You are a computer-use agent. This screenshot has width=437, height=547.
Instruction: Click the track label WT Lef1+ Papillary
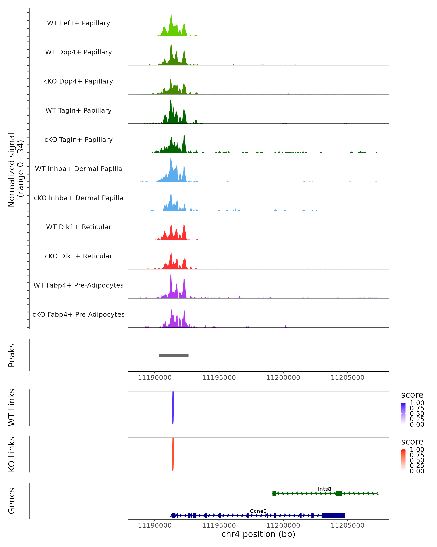pos(78,23)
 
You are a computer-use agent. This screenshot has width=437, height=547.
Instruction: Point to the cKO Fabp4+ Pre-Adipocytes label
pos(78,314)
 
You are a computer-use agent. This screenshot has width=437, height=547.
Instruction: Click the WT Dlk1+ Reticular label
pos(78,227)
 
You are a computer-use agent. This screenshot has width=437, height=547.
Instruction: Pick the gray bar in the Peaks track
pos(174,355)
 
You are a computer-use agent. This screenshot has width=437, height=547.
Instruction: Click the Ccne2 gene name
pos(258,511)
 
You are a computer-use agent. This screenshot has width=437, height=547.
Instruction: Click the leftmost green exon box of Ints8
pos(274,493)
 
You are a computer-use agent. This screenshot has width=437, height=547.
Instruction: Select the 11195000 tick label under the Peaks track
pos(219,378)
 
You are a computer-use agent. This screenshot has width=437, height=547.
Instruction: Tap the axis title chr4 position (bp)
pos(258,534)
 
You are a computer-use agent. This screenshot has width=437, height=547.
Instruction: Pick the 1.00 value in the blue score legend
pos(417,403)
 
